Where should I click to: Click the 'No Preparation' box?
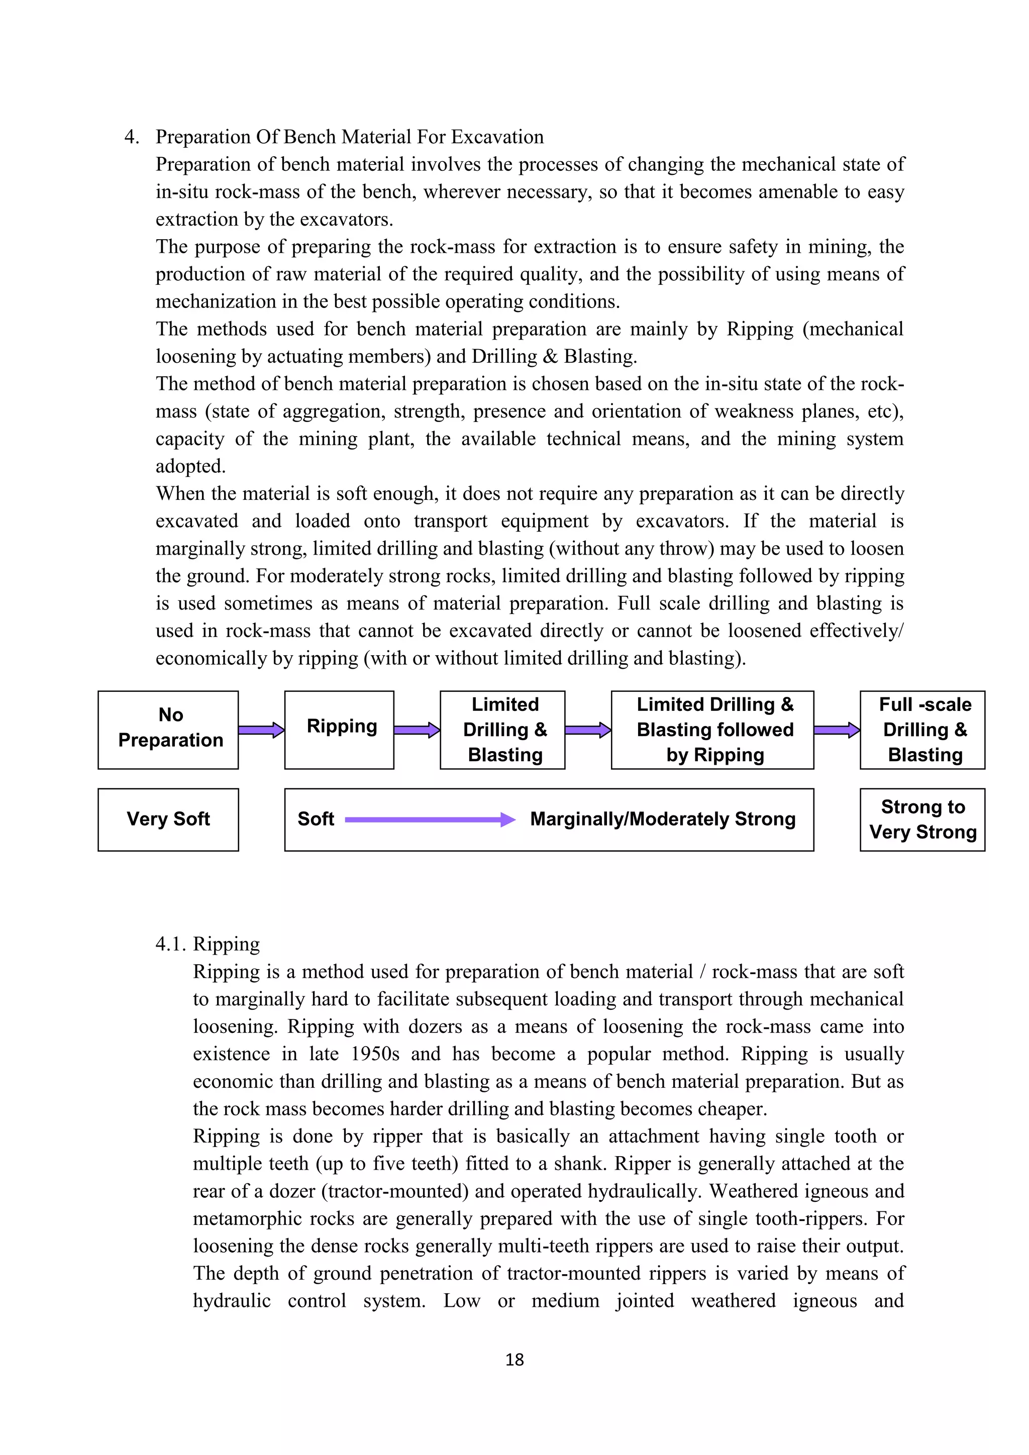168,730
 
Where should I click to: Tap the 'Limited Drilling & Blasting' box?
502,730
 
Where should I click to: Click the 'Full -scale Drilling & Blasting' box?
922,730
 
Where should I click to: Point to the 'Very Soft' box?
168,819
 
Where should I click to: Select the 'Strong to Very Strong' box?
922,819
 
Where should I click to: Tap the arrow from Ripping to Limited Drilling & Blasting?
417,730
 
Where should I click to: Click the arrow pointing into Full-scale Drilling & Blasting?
837,730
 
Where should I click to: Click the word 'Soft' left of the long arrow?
316,819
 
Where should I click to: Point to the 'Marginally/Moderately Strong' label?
663,819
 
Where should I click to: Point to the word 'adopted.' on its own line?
191,466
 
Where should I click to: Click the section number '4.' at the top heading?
132,137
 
